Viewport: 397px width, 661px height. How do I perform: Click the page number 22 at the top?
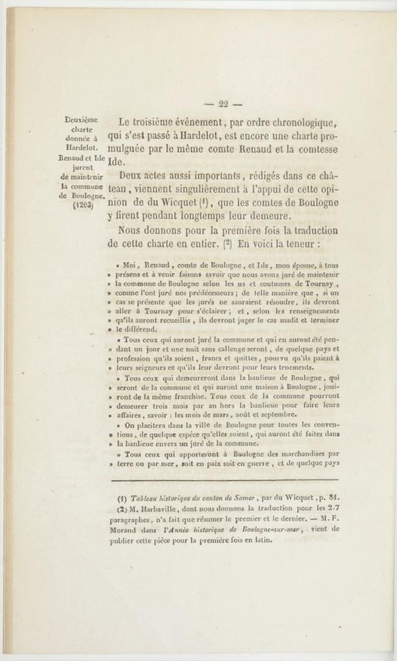coord(221,104)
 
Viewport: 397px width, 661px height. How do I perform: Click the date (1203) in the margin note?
coord(83,205)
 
